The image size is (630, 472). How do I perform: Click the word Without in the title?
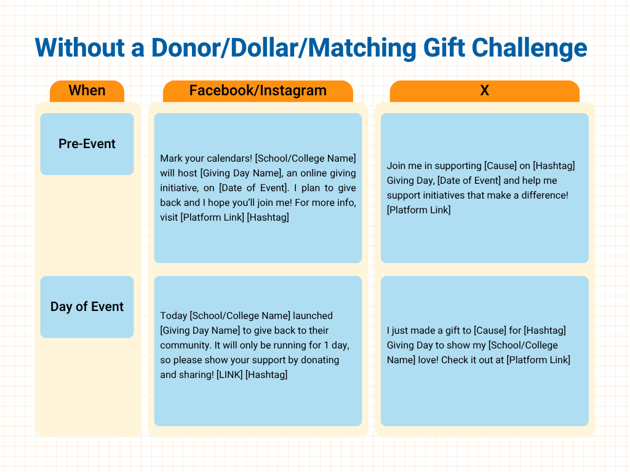click(x=79, y=48)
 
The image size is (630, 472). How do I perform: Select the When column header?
click(x=87, y=91)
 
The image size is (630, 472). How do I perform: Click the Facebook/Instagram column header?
click(x=258, y=91)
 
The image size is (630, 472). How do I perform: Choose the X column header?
click(x=485, y=91)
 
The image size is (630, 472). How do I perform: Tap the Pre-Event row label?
click(x=87, y=144)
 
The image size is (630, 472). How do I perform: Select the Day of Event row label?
click(x=87, y=307)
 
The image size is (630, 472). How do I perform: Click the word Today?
click(x=173, y=316)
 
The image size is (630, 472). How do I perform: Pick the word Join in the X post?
click(x=396, y=166)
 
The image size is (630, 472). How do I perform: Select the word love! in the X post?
click(x=428, y=360)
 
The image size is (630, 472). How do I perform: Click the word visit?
click(x=169, y=218)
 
